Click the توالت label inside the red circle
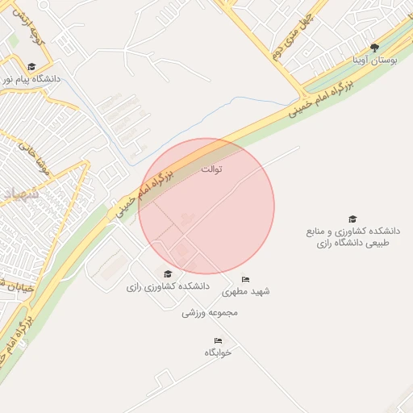(211, 169)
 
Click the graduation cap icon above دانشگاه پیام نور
(31, 67)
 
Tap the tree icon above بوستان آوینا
(373, 48)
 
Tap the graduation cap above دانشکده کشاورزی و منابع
(352, 219)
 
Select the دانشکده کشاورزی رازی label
(168, 286)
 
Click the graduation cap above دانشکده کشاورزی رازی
(168, 273)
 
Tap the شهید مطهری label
(246, 291)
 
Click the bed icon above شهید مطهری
(246, 279)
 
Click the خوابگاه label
(218, 353)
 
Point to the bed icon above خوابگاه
(218, 340)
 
